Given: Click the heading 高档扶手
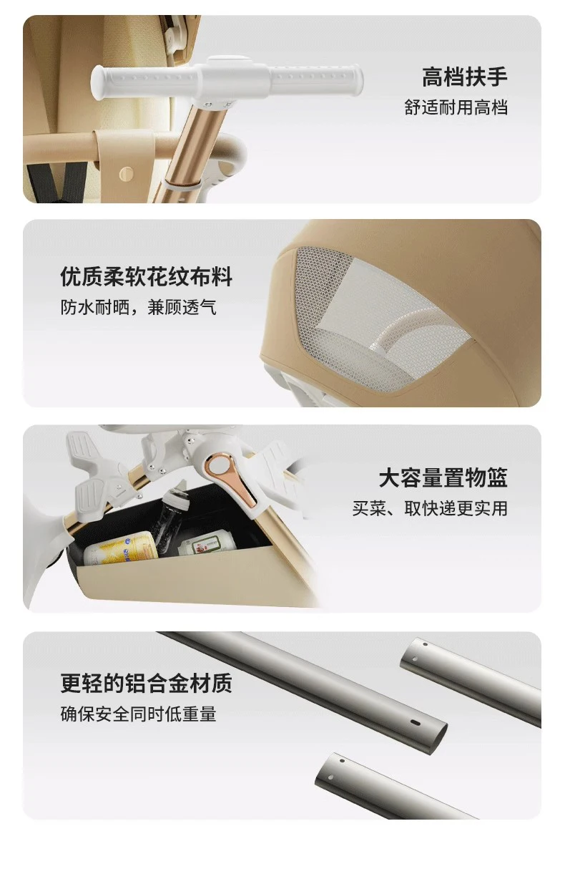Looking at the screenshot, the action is tap(464, 77).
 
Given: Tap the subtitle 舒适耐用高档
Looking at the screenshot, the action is tap(456, 107).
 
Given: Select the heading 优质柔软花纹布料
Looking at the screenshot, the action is tap(146, 276).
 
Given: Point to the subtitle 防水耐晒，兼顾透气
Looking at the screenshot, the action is tap(138, 308).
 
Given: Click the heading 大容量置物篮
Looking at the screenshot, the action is tap(443, 477).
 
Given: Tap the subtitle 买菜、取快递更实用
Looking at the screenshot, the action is tap(430, 508).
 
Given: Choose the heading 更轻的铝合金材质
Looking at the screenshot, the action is tap(146, 683).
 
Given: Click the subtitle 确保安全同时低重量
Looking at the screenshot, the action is tap(138, 714).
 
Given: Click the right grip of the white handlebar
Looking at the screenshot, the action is tap(316, 79).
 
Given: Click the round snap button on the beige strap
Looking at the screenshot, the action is tap(126, 174).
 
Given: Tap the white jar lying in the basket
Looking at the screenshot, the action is tap(207, 545).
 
